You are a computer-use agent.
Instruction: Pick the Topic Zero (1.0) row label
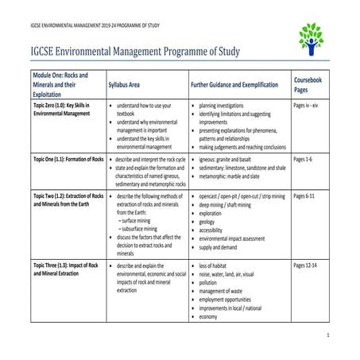(59, 110)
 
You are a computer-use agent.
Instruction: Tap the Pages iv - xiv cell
(309, 105)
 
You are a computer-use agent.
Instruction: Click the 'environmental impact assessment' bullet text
(241, 239)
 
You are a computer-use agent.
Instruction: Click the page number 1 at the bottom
(349, 337)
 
